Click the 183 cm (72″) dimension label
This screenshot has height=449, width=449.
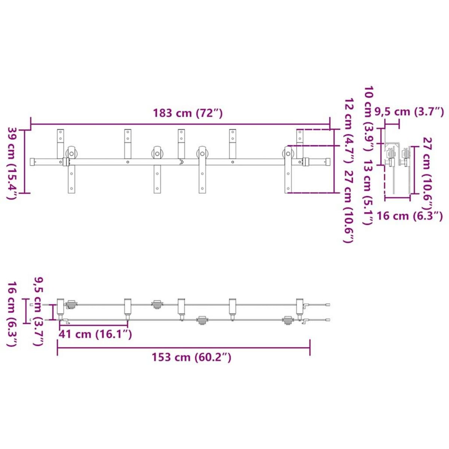coord(187,113)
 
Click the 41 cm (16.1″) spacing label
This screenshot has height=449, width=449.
coord(95,335)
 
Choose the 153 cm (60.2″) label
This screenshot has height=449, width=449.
coord(192,357)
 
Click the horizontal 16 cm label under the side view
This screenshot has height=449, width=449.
coord(410,216)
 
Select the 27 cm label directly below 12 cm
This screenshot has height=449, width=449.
coord(349,207)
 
